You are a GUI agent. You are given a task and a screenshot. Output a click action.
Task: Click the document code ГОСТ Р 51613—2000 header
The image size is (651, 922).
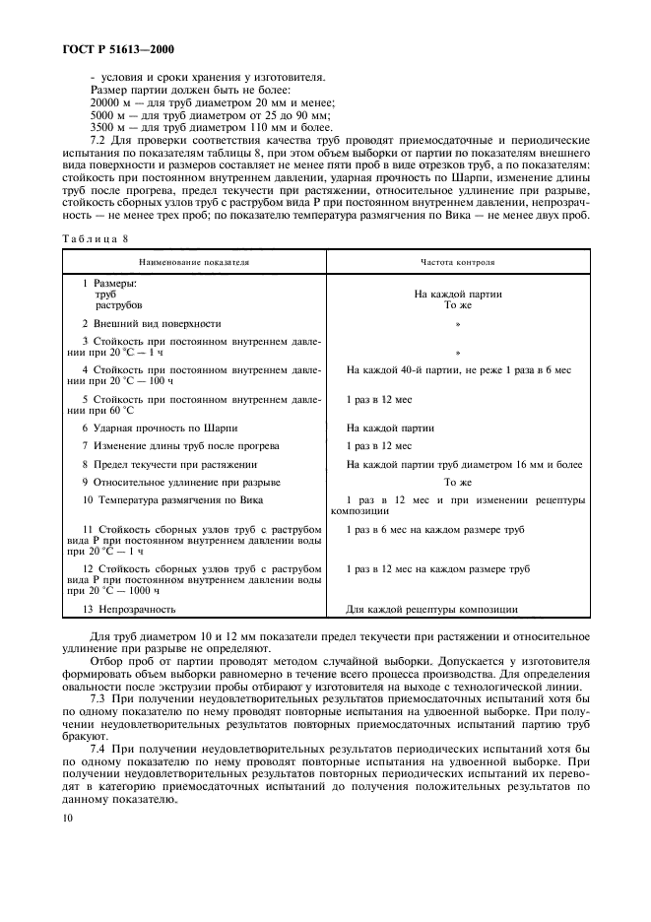pos(115,48)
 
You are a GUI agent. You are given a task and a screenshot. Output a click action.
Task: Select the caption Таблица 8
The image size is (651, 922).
pos(97,238)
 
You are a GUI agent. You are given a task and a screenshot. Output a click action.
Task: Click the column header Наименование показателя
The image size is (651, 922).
pos(194,263)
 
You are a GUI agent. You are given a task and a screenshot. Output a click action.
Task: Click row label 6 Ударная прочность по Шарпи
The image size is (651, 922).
pos(160,428)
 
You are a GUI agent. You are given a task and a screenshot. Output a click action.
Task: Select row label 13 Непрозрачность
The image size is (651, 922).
pos(128,610)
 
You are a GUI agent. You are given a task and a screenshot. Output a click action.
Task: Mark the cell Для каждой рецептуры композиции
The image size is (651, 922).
pos(431,610)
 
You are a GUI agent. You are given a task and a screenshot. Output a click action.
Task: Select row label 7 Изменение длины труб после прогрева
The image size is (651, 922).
pos(175,445)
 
